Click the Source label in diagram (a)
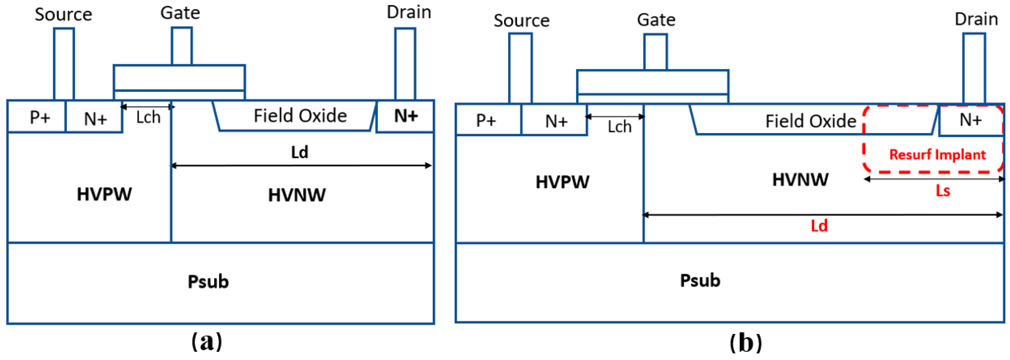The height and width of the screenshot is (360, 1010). coord(64,15)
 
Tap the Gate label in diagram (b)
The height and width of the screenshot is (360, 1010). coord(656,20)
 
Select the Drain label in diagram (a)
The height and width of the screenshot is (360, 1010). coord(409,12)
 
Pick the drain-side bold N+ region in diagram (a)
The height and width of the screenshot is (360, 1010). coord(405,116)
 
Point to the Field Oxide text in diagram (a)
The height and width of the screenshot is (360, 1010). coord(300,116)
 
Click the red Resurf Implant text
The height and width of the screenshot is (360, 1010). coord(937,155)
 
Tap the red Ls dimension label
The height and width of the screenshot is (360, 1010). coord(943,191)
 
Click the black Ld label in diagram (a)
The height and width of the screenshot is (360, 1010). coord(300,152)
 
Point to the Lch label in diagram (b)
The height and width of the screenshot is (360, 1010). coord(619,127)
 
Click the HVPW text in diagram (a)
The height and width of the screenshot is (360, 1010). coord(104,194)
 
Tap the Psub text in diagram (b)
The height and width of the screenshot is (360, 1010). coord(700,281)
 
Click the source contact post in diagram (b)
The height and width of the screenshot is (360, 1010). coord(520,69)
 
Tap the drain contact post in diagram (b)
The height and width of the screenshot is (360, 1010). coord(974,69)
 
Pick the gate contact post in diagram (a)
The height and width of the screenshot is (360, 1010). coord(181,46)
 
